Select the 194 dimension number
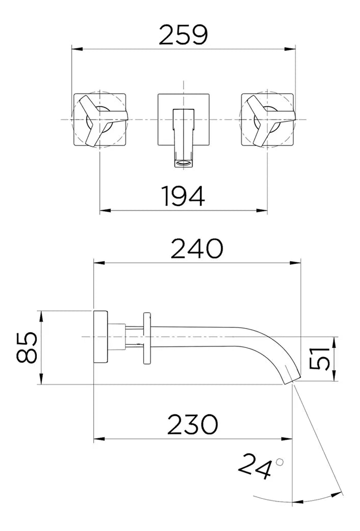183,196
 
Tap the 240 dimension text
197,248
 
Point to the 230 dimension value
192,424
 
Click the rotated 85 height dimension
27,347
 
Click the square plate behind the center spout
183,120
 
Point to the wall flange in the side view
100,337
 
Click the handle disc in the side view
147,338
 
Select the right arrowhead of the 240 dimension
295,263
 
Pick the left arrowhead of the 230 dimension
99,439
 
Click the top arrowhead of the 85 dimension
41,316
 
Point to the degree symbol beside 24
279,462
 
